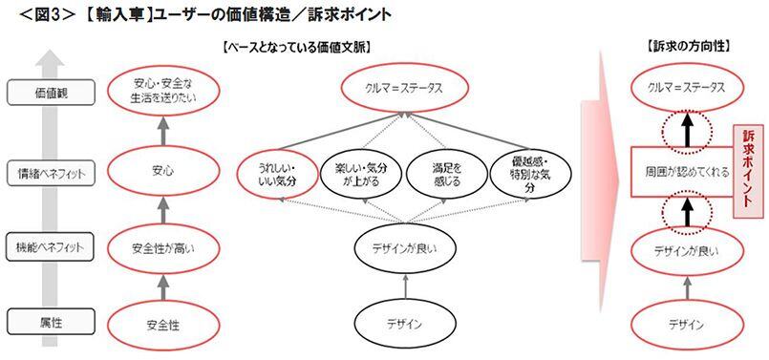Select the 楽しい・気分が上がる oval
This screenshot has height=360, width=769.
click(x=355, y=173)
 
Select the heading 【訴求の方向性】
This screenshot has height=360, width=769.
click(x=681, y=46)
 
